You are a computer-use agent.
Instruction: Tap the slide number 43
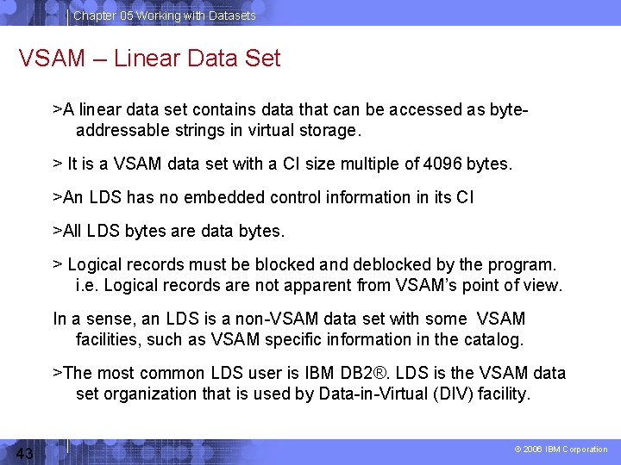[x=24, y=454]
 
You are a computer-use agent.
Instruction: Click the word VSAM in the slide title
[x=51, y=59]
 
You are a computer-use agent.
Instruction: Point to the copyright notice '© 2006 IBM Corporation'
[x=561, y=449]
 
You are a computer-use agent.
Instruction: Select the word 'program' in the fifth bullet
[x=527, y=263]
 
